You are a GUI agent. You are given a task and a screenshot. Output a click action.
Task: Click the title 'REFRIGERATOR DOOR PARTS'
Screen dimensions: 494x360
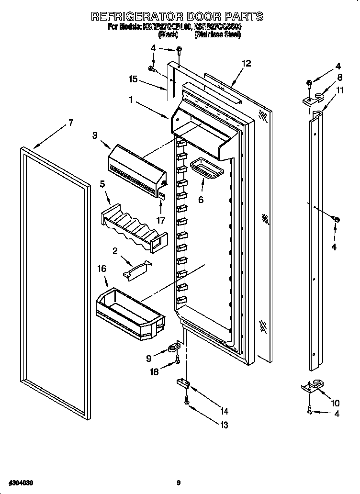[177, 16]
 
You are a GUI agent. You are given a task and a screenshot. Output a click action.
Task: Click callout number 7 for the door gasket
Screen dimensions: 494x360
[70, 123]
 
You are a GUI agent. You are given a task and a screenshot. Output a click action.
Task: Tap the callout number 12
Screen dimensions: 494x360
[246, 63]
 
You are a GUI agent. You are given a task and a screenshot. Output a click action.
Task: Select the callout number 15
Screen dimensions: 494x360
[133, 80]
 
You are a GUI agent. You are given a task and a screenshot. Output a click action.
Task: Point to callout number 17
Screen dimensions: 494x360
[161, 221]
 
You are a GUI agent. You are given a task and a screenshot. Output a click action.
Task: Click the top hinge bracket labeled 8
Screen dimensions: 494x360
[312, 100]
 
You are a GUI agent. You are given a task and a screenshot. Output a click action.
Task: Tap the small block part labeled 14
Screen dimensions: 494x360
[182, 383]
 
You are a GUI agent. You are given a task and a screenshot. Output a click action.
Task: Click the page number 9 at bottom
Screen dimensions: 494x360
[178, 483]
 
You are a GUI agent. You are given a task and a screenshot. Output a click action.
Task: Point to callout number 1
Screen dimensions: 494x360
[131, 100]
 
